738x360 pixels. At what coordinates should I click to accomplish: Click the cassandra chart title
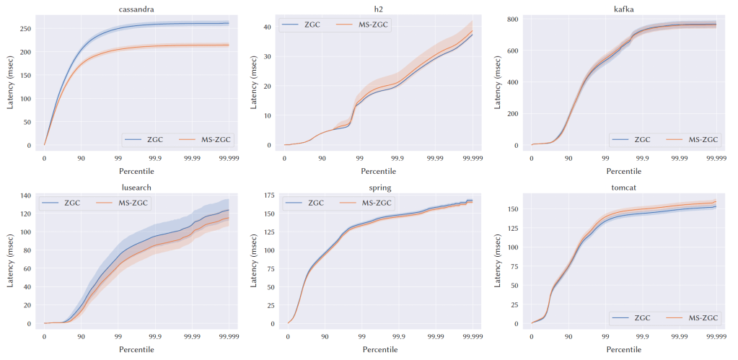(136, 9)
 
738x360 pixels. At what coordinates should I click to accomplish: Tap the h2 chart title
(379, 9)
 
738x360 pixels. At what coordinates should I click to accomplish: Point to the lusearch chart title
(136, 188)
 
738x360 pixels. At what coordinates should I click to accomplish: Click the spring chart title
(379, 188)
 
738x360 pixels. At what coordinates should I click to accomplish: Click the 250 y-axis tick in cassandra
(25, 29)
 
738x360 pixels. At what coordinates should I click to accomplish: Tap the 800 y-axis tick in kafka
(513, 19)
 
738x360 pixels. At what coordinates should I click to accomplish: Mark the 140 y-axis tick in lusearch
(25, 196)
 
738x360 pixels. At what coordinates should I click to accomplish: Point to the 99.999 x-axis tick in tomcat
(715, 335)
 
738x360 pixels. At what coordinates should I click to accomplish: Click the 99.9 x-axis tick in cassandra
(155, 157)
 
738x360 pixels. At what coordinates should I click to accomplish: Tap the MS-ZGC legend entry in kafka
(692, 139)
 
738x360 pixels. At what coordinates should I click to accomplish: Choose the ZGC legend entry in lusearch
(66, 203)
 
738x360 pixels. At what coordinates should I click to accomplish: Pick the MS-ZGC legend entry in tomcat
(692, 317)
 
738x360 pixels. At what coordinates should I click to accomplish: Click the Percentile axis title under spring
(379, 349)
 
